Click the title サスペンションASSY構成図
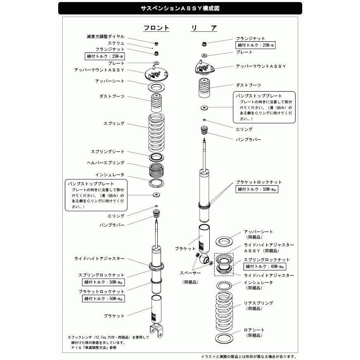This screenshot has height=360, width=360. [180, 8]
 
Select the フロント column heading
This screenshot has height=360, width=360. [156, 28]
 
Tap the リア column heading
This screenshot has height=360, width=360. [204, 28]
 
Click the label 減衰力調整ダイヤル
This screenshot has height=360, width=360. [105, 37]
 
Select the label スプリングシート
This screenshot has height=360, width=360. [107, 152]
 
